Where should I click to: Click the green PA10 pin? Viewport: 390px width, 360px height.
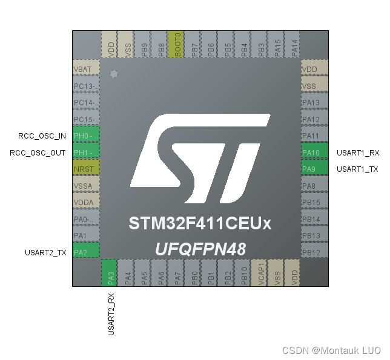[315, 152]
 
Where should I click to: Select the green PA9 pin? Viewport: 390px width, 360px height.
[315, 169]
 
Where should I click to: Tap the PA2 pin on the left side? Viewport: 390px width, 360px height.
[85, 252]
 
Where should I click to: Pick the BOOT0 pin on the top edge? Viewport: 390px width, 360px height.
[177, 45]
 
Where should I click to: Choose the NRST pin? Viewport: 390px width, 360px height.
[85, 169]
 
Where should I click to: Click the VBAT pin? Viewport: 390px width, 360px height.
[85, 70]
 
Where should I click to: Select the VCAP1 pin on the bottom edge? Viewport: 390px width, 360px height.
[259, 273]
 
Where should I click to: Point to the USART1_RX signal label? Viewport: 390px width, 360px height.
[357, 153]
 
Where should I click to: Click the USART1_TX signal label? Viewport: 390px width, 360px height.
[357, 169]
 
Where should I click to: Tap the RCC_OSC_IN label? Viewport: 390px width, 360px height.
[38, 136]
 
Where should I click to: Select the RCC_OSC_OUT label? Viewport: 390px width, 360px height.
[38, 152]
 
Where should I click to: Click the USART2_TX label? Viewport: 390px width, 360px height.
[45, 252]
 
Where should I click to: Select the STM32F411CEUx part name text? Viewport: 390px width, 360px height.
[200, 223]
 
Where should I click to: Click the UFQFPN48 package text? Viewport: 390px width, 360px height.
[200, 249]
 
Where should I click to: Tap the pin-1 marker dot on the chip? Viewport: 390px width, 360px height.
[113, 74]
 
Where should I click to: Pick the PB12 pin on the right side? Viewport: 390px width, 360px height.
[315, 252]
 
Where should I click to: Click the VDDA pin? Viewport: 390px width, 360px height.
[85, 202]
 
